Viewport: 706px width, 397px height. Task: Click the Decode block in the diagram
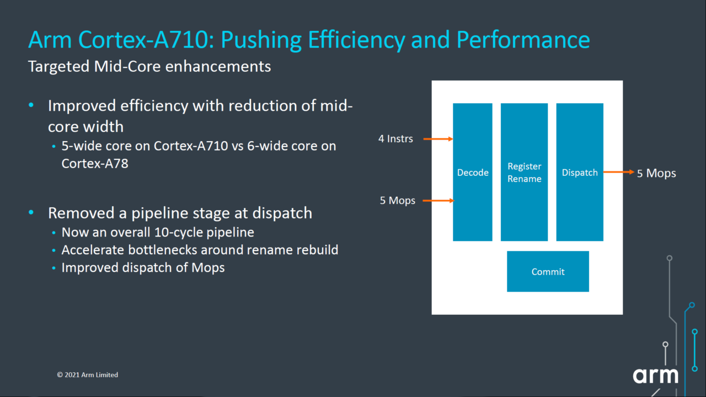click(x=473, y=172)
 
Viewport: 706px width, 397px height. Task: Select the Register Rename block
click(x=524, y=172)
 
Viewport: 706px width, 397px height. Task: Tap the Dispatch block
click(x=580, y=172)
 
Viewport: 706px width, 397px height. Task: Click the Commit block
click(x=548, y=271)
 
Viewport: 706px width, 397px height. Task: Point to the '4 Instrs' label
click(x=395, y=139)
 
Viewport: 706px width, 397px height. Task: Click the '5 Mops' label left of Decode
click(x=397, y=201)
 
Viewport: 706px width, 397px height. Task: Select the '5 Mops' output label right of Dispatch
click(x=656, y=173)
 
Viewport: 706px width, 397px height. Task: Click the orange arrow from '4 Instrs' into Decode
click(x=438, y=139)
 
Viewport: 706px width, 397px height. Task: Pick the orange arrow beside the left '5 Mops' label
click(x=438, y=201)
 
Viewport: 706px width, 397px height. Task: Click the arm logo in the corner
click(x=655, y=375)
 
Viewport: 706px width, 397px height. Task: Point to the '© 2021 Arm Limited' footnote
click(x=87, y=374)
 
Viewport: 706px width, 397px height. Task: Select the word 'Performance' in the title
click(x=523, y=40)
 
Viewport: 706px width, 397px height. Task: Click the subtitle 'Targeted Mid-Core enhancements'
click(x=149, y=67)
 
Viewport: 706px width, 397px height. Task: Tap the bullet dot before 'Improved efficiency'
click(x=31, y=105)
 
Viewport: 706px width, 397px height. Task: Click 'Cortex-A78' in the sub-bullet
click(x=95, y=163)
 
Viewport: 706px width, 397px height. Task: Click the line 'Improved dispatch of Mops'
click(x=143, y=267)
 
